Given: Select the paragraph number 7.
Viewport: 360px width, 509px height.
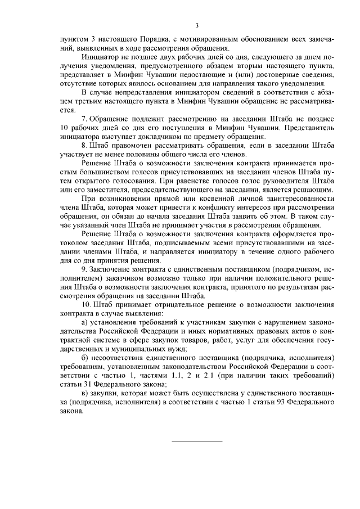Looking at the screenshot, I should tap(84, 120).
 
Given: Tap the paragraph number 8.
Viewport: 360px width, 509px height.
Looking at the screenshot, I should tap(84, 144).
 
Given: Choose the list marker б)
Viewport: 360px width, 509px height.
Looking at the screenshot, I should tap(85, 358).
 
